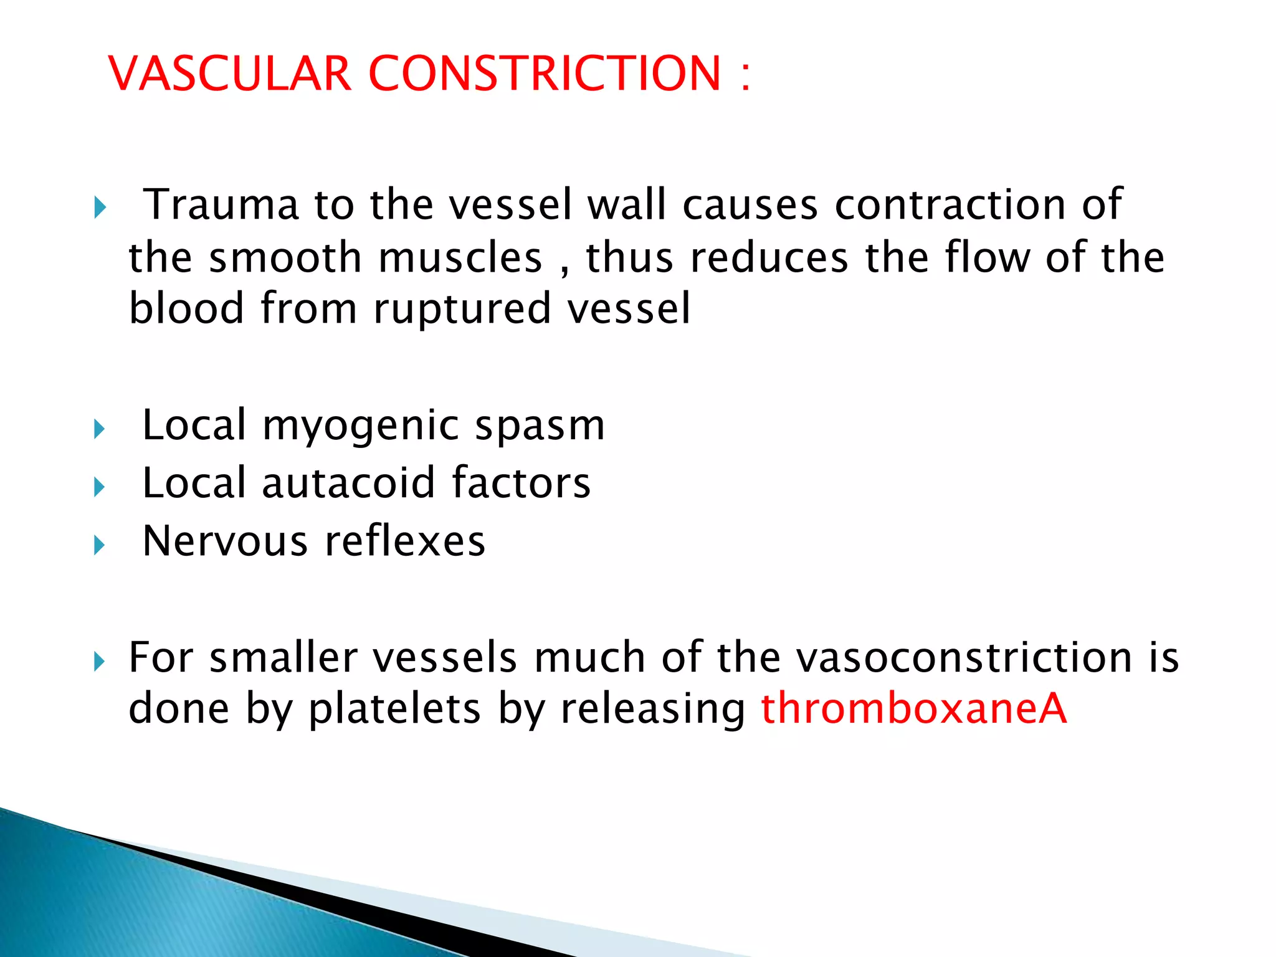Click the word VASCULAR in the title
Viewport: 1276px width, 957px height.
(230, 74)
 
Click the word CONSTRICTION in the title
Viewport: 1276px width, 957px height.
(545, 74)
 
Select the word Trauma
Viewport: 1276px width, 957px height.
(221, 204)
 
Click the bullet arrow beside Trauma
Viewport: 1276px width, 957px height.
(100, 207)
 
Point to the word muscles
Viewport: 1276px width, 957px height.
(460, 258)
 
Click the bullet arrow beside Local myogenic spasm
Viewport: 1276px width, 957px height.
(100, 429)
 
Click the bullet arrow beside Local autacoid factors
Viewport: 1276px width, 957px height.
(100, 487)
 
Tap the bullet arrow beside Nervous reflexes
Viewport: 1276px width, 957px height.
(100, 545)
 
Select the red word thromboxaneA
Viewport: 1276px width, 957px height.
(914, 709)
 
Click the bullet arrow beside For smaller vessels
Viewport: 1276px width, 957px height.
(100, 661)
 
